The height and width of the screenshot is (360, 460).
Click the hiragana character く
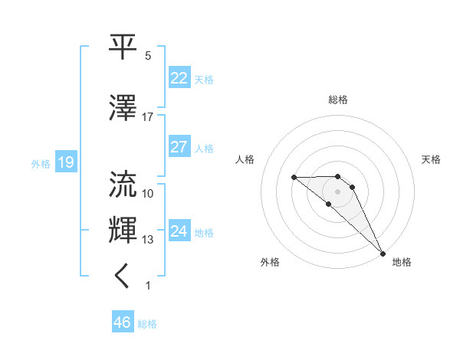123,277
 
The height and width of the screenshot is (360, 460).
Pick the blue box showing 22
179,78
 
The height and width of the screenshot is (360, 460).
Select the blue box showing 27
179,147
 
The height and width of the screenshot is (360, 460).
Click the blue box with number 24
179,231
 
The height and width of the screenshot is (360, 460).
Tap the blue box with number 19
65,162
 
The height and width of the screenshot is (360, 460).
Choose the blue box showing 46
123,322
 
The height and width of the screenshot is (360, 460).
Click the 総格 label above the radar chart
338,100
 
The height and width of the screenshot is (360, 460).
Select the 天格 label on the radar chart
431,159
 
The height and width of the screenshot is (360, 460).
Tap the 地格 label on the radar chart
402,263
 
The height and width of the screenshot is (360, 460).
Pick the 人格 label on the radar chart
245,159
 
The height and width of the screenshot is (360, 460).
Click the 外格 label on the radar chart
270,263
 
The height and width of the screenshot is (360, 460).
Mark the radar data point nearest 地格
382,252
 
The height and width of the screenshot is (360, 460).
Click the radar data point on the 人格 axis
294,177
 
